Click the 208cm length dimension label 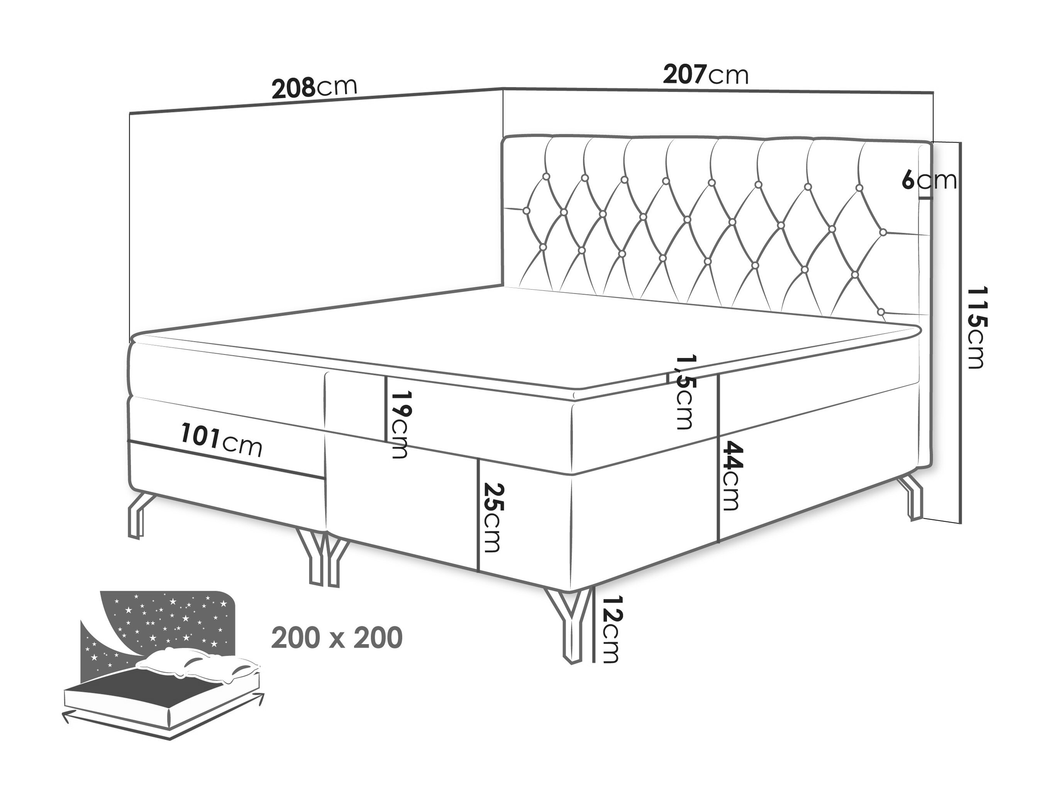point(314,88)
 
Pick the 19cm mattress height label point(397,424)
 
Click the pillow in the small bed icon point(199,667)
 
